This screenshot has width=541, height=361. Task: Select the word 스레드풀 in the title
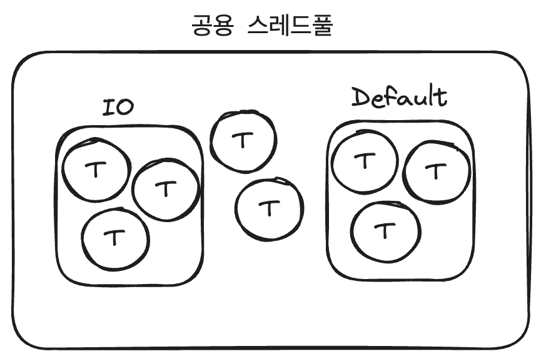tap(289, 26)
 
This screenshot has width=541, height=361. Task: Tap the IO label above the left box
tap(118, 107)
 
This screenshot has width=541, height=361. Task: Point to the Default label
tap(399, 98)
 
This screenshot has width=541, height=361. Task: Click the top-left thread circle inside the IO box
tap(96, 170)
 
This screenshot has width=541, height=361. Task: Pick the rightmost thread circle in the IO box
tap(166, 189)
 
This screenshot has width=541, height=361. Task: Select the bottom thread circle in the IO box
tap(115, 238)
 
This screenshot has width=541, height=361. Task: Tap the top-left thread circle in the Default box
tap(363, 161)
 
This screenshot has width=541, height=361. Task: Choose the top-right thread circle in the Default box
tap(436, 171)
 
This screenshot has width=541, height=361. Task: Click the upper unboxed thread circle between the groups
tap(243, 141)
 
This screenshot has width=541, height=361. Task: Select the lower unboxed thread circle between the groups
tap(269, 209)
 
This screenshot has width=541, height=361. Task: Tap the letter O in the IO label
tap(125, 107)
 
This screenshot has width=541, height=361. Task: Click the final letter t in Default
tap(442, 97)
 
